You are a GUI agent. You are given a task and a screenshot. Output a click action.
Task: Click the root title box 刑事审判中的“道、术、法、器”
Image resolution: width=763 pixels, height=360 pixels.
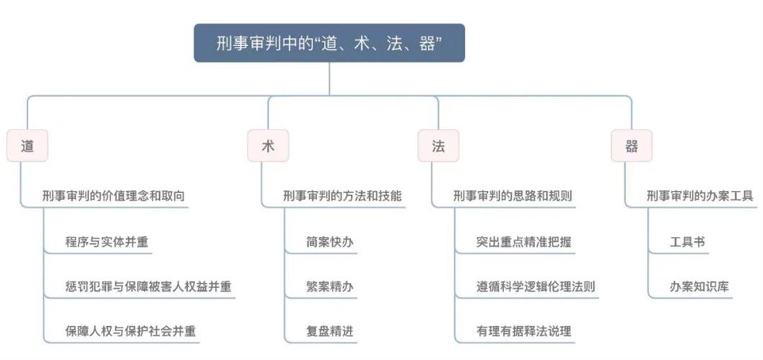[x=329, y=43]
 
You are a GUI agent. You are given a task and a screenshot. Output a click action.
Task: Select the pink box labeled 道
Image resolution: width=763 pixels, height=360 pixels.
[x=27, y=146]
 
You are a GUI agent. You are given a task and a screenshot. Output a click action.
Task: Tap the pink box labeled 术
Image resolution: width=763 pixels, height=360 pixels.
[x=268, y=146]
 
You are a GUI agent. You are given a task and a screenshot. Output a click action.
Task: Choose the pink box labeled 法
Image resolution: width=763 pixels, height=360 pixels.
[x=438, y=146]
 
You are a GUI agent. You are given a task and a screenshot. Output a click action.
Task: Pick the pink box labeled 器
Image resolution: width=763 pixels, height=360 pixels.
[x=631, y=146]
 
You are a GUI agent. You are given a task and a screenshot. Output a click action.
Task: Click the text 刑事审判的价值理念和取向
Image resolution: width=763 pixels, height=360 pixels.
[x=118, y=196]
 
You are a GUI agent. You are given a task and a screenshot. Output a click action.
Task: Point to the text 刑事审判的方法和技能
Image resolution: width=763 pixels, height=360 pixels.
[x=343, y=196]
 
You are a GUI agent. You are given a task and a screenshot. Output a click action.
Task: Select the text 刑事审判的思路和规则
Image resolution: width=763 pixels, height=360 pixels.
[x=513, y=196]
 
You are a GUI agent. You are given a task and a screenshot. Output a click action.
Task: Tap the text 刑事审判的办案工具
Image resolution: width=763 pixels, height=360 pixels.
[x=700, y=196]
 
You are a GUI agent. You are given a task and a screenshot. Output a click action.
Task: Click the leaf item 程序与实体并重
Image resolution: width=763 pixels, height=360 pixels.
[x=107, y=242]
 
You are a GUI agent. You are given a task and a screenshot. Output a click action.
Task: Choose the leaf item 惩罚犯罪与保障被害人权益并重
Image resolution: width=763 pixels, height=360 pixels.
[x=148, y=287]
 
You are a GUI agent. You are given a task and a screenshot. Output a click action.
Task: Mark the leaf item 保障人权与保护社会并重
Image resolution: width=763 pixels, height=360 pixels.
[x=130, y=331]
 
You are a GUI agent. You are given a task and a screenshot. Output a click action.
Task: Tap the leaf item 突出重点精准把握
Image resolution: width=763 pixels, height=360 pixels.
[x=523, y=242]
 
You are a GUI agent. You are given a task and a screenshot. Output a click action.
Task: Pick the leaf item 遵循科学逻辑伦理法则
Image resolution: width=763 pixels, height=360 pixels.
[x=536, y=287]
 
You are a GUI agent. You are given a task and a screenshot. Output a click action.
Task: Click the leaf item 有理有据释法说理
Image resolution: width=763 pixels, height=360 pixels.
[x=523, y=331]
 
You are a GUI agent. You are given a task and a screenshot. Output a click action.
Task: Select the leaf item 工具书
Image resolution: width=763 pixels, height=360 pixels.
[x=687, y=242]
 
